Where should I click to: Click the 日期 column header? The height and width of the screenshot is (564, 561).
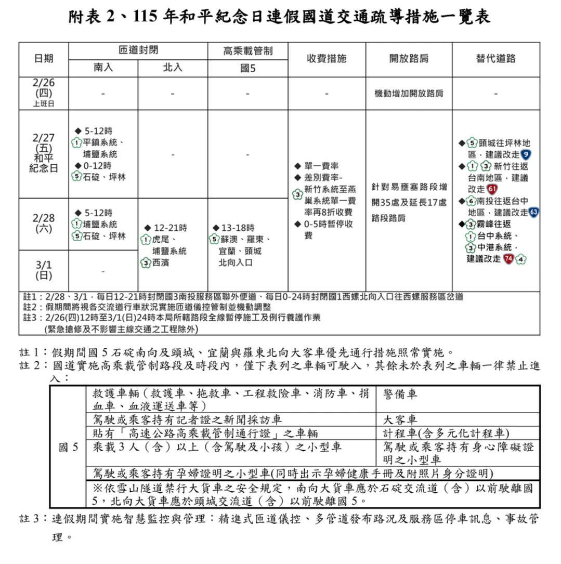[44, 59]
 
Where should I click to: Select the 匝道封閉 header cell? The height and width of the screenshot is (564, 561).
[138, 51]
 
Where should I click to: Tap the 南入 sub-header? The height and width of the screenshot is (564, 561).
[103, 68]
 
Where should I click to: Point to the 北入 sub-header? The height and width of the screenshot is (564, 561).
[173, 68]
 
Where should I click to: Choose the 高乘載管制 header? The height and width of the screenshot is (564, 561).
[247, 51]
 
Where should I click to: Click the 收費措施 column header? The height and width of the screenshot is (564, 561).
[327, 59]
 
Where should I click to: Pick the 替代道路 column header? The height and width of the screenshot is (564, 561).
[495, 59]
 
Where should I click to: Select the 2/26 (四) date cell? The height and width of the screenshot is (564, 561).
[44, 93]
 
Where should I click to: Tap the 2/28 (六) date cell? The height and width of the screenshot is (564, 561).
[44, 224]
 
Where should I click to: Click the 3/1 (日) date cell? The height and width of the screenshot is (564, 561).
[44, 270]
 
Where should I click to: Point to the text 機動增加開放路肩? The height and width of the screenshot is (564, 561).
[409, 94]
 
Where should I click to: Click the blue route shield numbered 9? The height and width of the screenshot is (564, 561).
[526, 154]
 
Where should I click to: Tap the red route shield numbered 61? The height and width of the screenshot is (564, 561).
[492, 189]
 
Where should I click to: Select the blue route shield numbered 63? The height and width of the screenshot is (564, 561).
[533, 212]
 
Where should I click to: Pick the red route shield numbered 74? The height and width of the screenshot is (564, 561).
[508, 258]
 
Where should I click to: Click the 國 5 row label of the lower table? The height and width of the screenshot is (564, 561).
[69, 447]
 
